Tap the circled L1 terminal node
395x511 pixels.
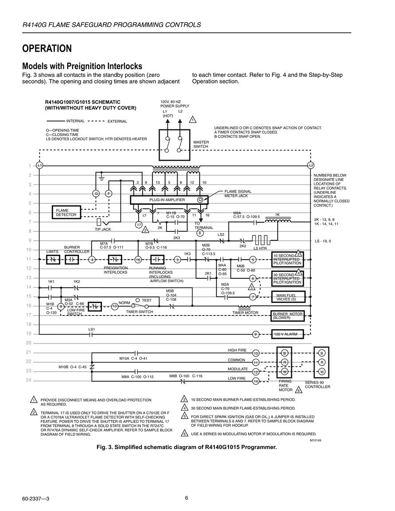pyautogui.click(x=39, y=165)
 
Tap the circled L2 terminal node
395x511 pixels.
pyautogui.click(x=311, y=165)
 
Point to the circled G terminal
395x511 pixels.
pyautogui.click(x=96, y=194)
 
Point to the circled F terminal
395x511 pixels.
pyautogui.click(x=108, y=194)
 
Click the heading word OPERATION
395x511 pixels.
pyautogui.click(x=47, y=49)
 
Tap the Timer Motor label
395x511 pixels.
pyautogui.click(x=245, y=312)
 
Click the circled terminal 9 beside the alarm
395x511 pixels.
pyautogui.click(x=256, y=334)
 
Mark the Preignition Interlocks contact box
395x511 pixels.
pyautogui.click(x=115, y=260)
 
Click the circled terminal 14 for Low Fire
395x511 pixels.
pyautogui.click(x=256, y=381)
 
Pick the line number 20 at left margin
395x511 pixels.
pyautogui.click(x=29, y=343)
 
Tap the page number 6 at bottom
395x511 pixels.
pyautogui.click(x=186, y=498)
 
